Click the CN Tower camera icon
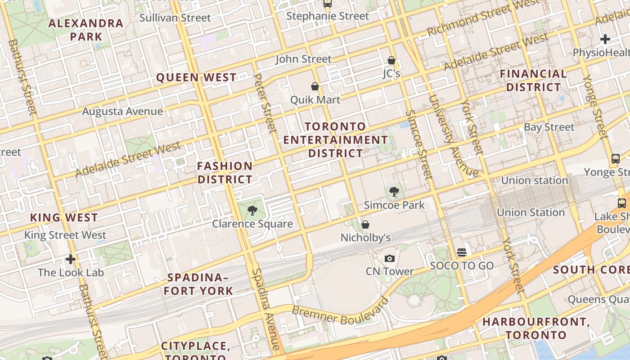click(x=390, y=258)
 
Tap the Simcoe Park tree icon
click(x=394, y=192)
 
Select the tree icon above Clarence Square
click(x=252, y=210)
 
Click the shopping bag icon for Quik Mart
click(x=315, y=86)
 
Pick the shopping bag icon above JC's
click(x=391, y=60)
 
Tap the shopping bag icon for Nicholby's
click(x=365, y=225)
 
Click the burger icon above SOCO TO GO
click(x=462, y=252)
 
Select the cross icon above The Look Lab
click(x=71, y=259)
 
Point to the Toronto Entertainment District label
click(x=335, y=140)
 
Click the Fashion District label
click(x=225, y=173)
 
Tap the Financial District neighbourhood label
click(x=533, y=81)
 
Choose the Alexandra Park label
click(x=85, y=30)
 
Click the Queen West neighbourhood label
click(x=196, y=77)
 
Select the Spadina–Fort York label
click(x=198, y=284)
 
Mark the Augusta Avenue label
click(x=122, y=111)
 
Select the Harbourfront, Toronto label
click(x=535, y=328)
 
